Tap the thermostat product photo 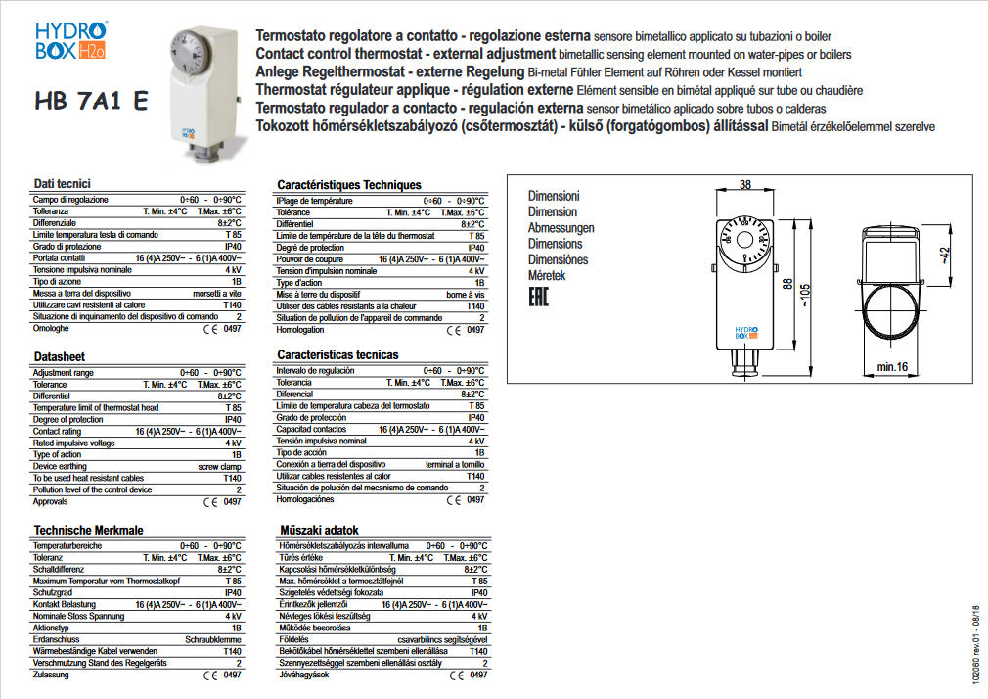tap(200, 89)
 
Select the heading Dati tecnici tap(62, 184)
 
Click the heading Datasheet tap(59, 357)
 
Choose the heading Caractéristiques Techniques tap(348, 184)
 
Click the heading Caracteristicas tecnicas tap(337, 354)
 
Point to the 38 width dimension tap(745, 185)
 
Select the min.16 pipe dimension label tap(892, 366)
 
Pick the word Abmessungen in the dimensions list tap(561, 228)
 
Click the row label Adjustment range tap(64, 373)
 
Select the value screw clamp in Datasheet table tap(219, 466)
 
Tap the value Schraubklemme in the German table tap(213, 639)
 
